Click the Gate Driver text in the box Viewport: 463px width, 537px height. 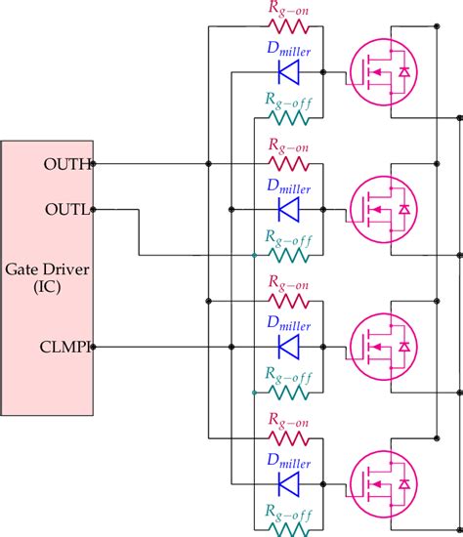47,268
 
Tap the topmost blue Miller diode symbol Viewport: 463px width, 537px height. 288,71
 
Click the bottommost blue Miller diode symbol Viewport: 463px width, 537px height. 288,484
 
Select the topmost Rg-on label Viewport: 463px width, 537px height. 288,8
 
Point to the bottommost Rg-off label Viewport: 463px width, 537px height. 288,510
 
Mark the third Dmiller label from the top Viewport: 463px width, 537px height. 288,325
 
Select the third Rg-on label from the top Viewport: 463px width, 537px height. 288,283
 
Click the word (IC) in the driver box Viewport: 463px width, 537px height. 47,286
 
